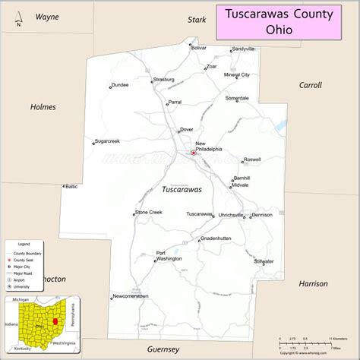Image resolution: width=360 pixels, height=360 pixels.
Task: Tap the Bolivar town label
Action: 198,48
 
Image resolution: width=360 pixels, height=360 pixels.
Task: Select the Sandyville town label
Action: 243,49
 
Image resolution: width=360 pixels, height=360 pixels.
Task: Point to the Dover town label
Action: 186,130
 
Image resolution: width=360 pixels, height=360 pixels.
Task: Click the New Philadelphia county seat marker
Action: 193,153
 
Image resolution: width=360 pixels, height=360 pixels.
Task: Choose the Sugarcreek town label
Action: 107,141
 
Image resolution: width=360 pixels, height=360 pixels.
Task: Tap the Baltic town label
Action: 71,186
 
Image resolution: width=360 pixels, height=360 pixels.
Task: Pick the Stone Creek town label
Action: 149,212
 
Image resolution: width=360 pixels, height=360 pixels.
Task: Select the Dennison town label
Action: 262,215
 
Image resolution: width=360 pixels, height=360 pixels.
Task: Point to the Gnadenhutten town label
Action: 214,238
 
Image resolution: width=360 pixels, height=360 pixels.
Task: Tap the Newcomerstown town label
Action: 130,295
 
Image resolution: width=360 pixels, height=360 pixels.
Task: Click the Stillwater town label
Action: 264,261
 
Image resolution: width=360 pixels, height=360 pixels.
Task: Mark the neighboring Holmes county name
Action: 43,107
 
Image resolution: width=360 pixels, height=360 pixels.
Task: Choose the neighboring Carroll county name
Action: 311,85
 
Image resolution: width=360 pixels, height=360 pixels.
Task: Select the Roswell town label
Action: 251,160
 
